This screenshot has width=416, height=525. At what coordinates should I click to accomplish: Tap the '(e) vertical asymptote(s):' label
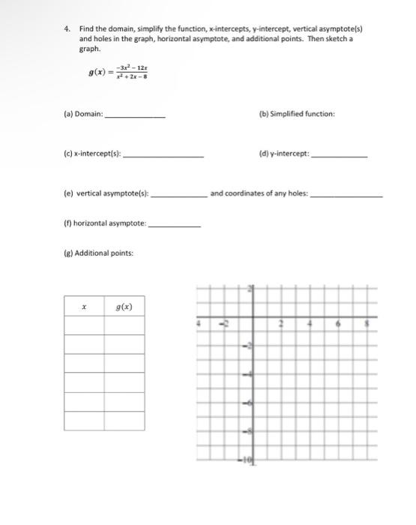pyautogui.click(x=105, y=193)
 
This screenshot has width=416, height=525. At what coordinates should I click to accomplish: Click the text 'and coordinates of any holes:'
pyautogui.click(x=259, y=193)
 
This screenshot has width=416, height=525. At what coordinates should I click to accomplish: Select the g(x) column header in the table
pyautogui.click(x=124, y=306)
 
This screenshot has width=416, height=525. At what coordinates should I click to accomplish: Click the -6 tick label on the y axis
pyautogui.click(x=250, y=402)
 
